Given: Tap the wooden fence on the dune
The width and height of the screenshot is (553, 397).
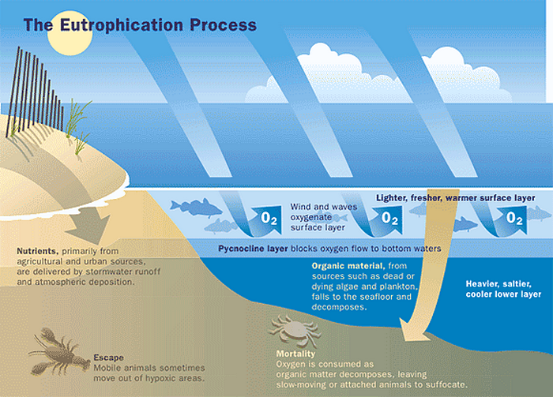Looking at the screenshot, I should point(36,83).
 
